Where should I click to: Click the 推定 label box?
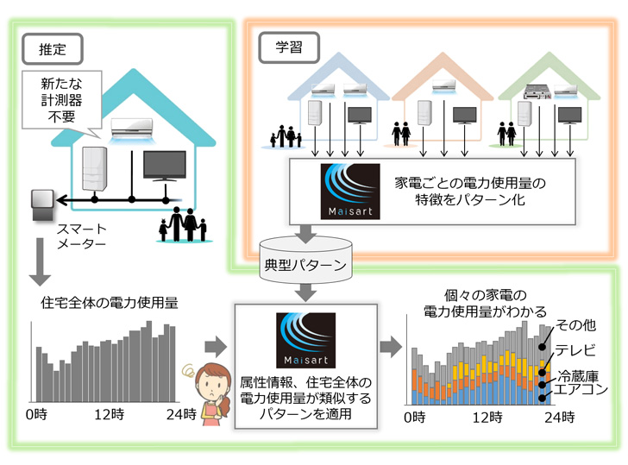coord(53,48)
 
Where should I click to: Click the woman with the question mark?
coord(210,393)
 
